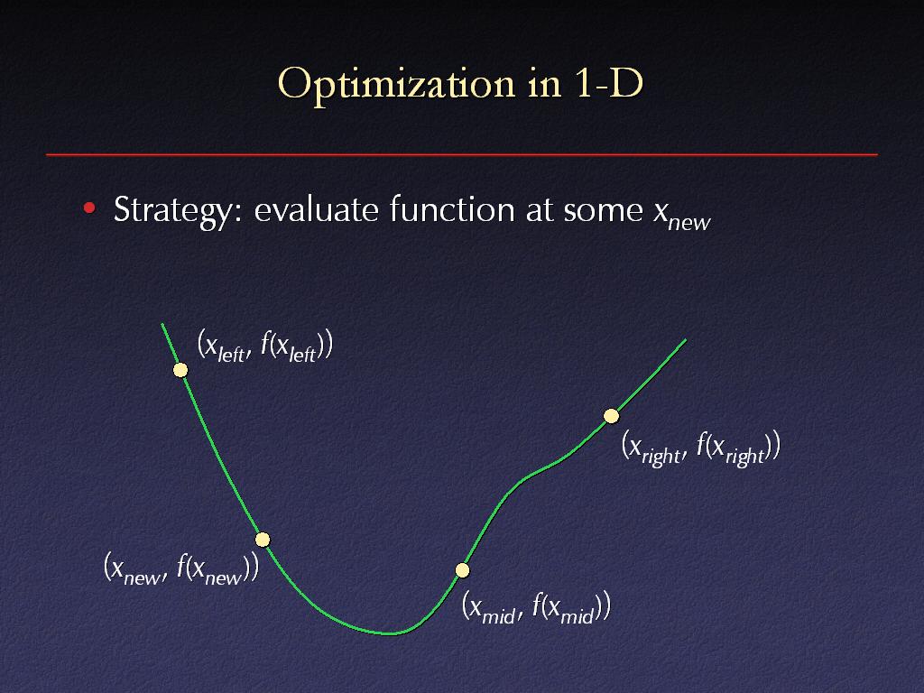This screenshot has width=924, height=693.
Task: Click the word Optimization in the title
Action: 397,85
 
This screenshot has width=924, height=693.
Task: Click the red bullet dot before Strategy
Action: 89,208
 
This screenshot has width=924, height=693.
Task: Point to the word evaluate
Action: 317,209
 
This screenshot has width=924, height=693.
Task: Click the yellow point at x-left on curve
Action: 180,370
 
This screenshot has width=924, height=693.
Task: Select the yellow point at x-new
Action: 263,540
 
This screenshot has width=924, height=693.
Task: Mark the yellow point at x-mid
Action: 463,570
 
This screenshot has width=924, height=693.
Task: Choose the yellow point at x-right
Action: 612,416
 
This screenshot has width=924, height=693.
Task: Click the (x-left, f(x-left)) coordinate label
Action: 265,346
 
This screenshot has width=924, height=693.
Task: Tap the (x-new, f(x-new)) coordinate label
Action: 181,568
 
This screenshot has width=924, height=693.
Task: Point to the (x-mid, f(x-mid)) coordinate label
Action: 536,607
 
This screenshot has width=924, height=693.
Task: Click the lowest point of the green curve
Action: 390,633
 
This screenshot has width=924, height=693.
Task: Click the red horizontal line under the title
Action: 462,154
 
